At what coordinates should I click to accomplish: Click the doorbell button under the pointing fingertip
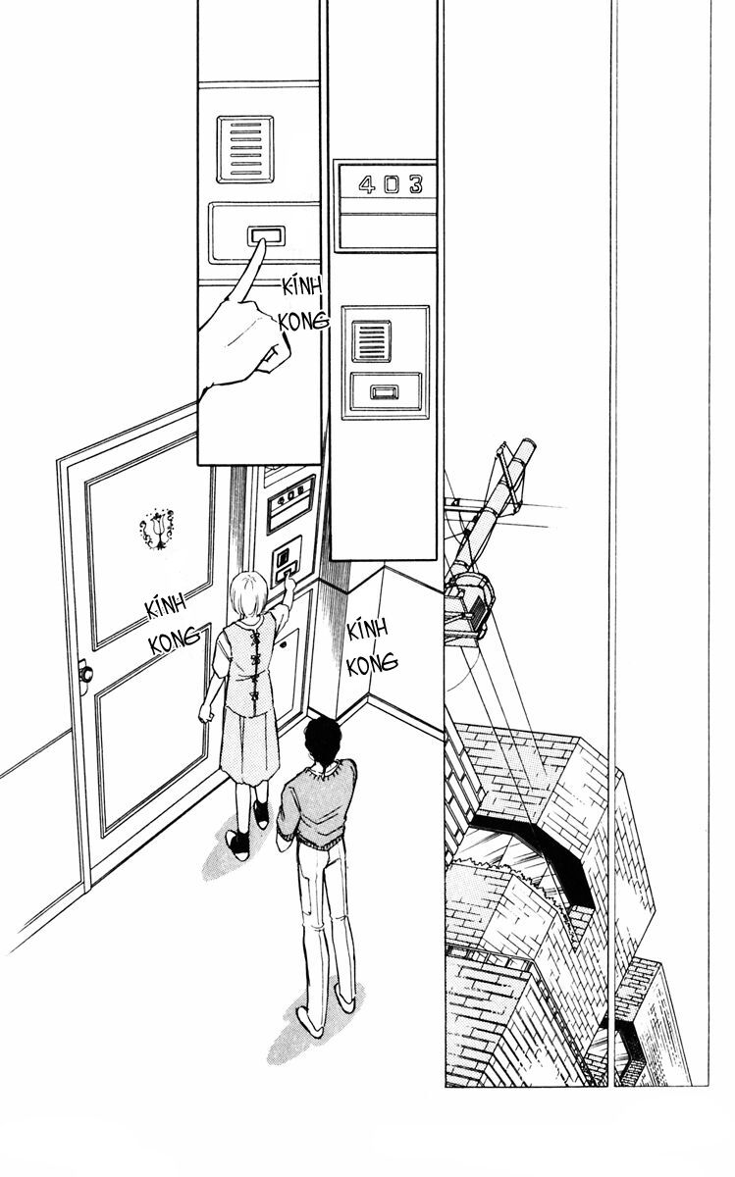click(265, 236)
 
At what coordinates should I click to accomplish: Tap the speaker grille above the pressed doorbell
click(245, 148)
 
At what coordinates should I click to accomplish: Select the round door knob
click(85, 674)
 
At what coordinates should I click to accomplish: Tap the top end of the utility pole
click(520, 450)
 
